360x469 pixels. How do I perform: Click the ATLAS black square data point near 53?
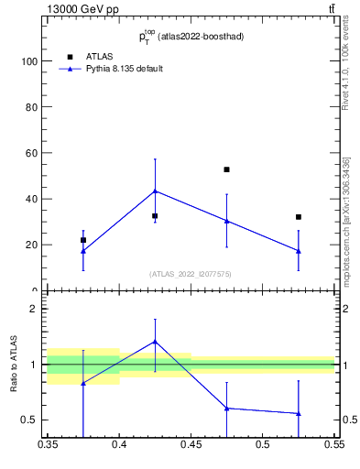(226, 169)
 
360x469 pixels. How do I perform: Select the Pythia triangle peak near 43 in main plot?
(155, 191)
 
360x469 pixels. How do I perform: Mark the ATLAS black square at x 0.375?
(83, 240)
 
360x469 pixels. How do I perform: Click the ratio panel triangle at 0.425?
(155, 342)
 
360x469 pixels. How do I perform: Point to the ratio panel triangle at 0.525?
(298, 413)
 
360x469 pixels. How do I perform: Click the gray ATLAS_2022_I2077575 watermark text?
(191, 274)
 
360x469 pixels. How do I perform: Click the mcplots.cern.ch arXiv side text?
(345, 220)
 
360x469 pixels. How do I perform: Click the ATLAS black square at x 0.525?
(298, 217)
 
